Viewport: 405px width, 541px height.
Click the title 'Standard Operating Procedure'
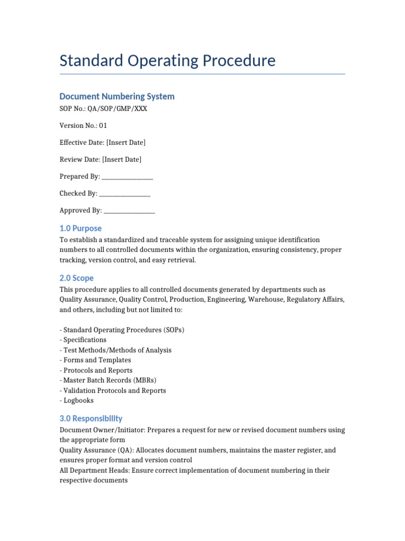pyautogui.click(x=167, y=61)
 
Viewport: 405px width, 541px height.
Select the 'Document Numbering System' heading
pyautogui.click(x=117, y=96)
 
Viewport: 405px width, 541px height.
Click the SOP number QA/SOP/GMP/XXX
pyautogui.click(x=118, y=109)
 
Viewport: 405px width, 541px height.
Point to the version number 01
pyautogui.click(x=103, y=126)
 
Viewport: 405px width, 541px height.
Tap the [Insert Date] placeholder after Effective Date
pyautogui.click(x=126, y=143)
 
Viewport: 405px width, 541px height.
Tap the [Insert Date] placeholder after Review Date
pyautogui.click(x=122, y=160)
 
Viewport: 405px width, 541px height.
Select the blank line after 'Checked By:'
pyautogui.click(x=124, y=194)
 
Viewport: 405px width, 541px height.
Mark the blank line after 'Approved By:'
pyautogui.click(x=129, y=211)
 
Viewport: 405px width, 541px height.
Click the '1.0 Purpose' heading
pyautogui.click(x=80, y=228)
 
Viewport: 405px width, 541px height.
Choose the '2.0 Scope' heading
pyautogui.click(x=76, y=278)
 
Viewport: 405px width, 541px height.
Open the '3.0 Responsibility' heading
pyautogui.click(x=91, y=418)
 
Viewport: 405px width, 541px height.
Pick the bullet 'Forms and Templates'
pyautogui.click(x=97, y=360)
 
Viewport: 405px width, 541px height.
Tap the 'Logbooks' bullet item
pyautogui.click(x=79, y=400)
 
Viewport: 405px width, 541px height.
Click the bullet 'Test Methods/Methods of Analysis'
pyautogui.click(x=117, y=350)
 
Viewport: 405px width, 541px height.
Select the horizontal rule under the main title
pyautogui.click(x=202, y=74)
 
